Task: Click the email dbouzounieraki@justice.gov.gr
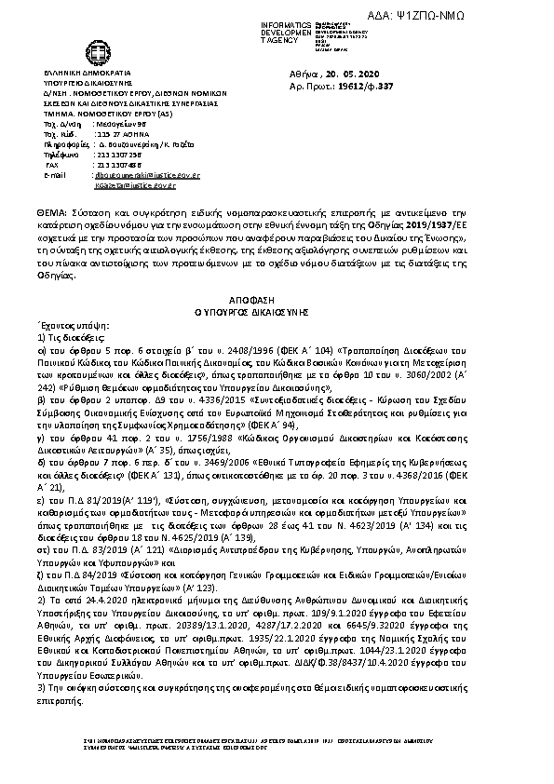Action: click(x=133, y=174)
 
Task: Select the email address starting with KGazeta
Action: click(x=122, y=185)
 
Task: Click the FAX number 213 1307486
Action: click(x=115, y=164)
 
